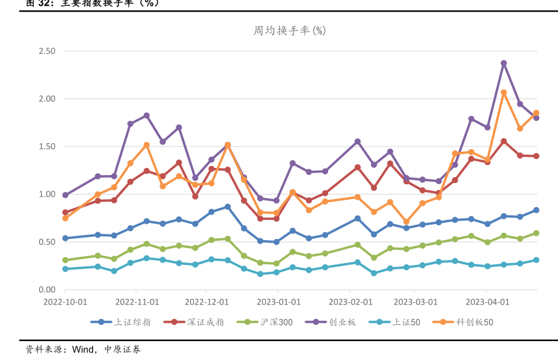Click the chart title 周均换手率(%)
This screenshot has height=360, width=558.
289,31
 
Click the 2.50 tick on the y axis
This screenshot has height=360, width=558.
47,51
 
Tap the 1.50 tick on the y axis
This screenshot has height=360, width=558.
47,146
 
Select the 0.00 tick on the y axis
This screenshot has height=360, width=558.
47,290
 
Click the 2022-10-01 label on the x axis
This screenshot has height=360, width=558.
65,302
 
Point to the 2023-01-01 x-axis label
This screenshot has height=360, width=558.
279,302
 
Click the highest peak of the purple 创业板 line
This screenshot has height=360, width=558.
504,63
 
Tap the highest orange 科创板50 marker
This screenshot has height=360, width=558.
504,92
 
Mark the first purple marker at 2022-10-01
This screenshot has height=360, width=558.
65,195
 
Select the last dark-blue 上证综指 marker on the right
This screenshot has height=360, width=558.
537,210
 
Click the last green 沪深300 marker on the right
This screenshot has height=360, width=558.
537,233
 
